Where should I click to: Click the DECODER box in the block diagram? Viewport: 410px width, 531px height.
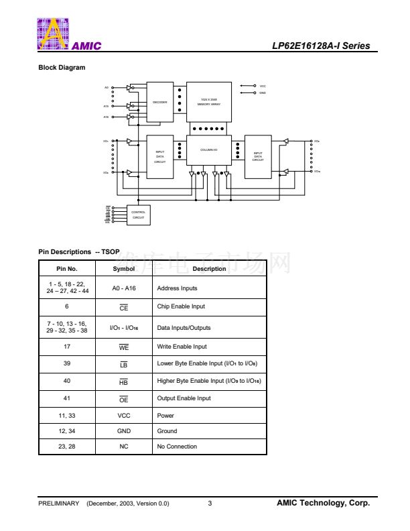tap(159, 102)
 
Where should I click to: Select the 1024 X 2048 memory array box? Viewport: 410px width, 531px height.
tap(209, 102)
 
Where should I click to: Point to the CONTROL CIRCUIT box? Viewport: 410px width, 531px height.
tap(138, 215)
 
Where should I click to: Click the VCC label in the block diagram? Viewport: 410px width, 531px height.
tap(263, 86)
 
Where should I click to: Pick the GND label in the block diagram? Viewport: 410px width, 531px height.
tap(263, 93)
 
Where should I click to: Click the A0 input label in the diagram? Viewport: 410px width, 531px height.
tap(106, 87)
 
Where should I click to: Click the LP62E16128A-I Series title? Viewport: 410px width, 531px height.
tap(321, 46)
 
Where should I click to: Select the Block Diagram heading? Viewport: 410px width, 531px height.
tap(62, 67)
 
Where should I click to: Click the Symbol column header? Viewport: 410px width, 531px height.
tap(124, 269)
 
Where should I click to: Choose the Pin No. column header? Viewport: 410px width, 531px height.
tap(67, 269)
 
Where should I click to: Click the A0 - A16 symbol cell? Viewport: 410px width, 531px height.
tap(124, 288)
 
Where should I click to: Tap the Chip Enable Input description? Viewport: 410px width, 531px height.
tap(181, 306)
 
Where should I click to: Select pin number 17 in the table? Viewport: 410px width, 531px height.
tap(67, 347)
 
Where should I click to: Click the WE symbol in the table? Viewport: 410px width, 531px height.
tap(124, 347)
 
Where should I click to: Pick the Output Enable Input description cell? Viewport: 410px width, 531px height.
tap(184, 398)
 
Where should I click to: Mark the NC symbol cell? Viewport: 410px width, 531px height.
tap(124, 447)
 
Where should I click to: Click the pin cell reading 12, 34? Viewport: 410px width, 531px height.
tap(67, 431)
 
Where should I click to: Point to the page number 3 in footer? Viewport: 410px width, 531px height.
tap(210, 504)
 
